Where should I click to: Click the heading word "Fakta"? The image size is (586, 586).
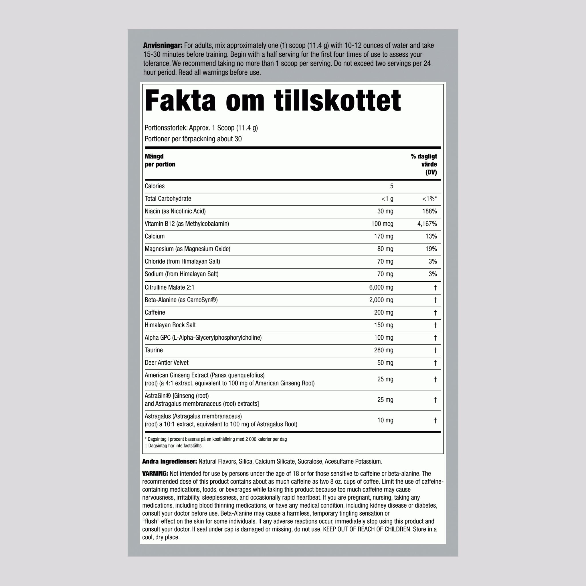[180, 101]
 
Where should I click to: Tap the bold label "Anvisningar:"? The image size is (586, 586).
[163, 45]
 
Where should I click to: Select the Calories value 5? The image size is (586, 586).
[392, 186]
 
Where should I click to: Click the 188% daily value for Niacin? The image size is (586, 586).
[429, 211]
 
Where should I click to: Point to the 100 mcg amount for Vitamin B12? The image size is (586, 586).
[382, 224]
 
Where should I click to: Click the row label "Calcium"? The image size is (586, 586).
[155, 236]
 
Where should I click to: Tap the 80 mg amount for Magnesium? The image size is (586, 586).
[385, 249]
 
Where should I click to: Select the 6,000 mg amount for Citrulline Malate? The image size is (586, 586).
[381, 288]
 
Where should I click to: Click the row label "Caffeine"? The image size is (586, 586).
[155, 312]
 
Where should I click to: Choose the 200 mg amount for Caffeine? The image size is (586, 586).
[383, 312]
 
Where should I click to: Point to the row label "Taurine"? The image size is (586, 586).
[154, 350]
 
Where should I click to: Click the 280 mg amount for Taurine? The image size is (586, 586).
[383, 350]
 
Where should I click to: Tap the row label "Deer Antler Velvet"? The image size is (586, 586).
[167, 363]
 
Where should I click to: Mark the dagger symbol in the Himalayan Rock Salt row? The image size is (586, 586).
[435, 325]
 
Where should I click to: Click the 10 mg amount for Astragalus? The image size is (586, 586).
[385, 420]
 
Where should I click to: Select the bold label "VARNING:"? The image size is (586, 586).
[155, 474]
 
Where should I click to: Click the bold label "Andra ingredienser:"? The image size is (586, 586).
[170, 462]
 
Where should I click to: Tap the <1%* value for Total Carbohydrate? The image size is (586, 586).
[429, 199]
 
